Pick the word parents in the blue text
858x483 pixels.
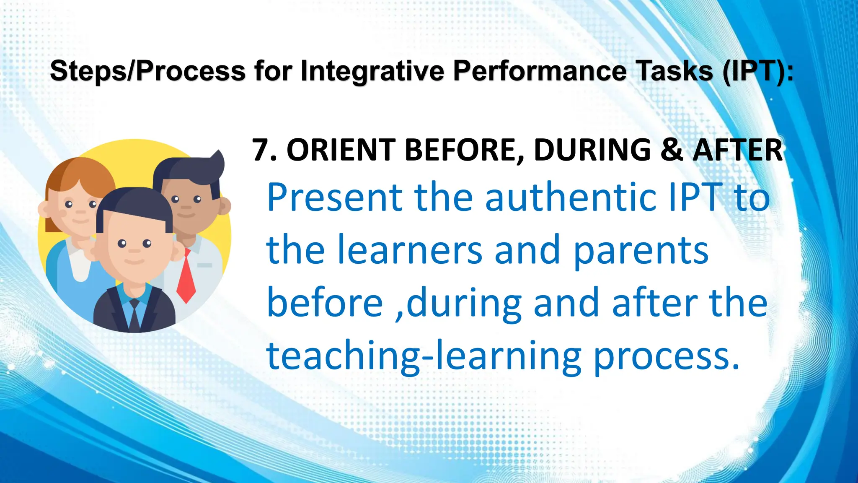[641, 250]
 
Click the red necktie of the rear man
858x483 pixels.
[186, 277]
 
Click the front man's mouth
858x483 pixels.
[134, 261]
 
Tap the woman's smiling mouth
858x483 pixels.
[80, 221]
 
